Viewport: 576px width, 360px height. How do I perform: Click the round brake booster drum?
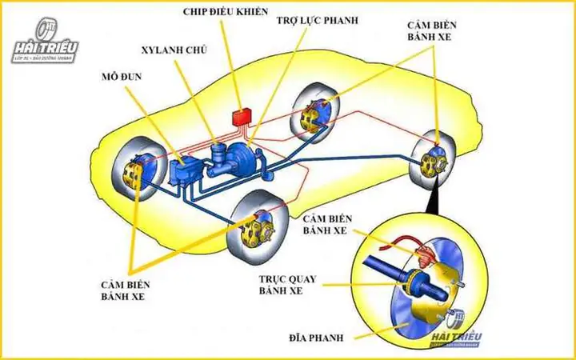pos(245,160)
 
